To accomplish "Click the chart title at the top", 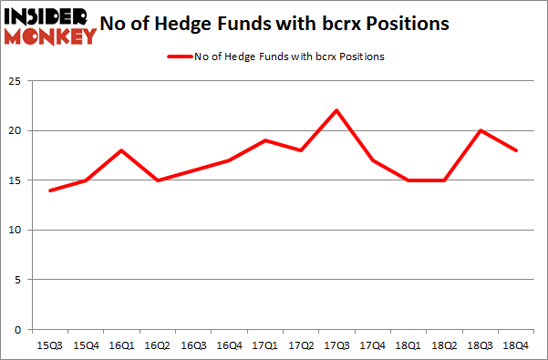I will [282, 25].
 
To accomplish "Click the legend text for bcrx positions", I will [289, 57].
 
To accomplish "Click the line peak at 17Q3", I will [336, 110].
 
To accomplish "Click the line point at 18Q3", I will [481, 130].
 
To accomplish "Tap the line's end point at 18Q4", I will [517, 150].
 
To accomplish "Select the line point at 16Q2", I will [158, 180].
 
